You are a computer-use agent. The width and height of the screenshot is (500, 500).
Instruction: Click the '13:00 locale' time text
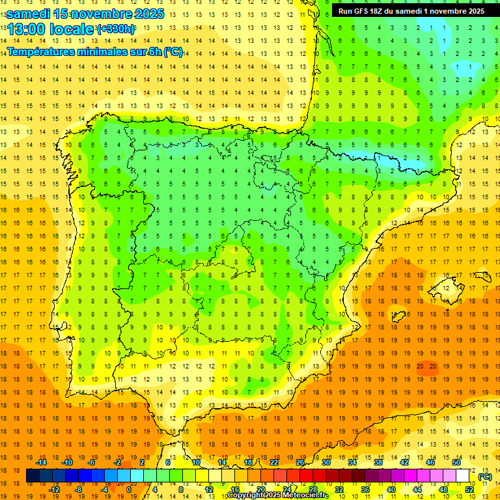51,29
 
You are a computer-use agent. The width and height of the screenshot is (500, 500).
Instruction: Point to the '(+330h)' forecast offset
116,29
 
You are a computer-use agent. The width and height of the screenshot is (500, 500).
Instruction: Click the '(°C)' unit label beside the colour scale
484,477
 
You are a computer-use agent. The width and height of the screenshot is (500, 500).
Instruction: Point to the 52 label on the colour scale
469,490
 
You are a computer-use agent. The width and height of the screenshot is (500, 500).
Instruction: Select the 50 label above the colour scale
456,462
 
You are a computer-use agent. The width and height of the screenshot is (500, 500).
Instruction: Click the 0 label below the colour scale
128,490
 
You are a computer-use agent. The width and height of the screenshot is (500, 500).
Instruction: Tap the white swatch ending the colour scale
463,476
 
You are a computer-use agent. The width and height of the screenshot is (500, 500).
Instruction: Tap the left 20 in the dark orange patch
420,367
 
